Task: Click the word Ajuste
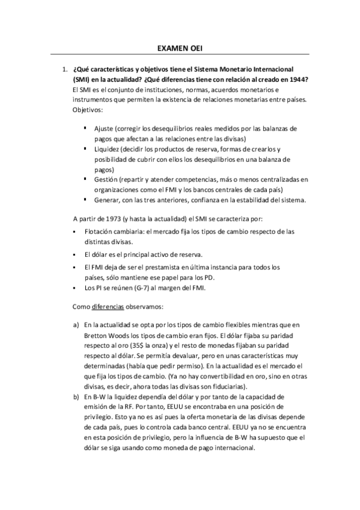coord(103,129)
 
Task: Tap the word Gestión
coord(105,179)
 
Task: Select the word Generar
coord(106,200)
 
